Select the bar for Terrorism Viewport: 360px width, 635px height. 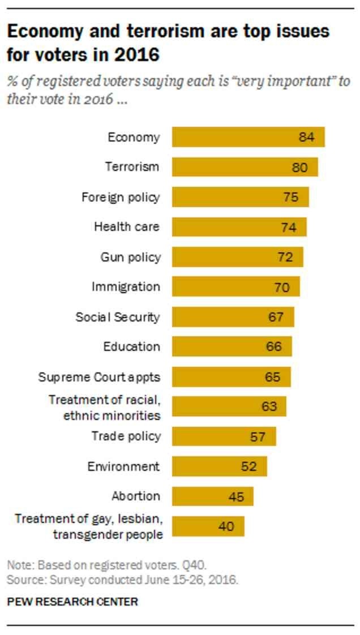[245, 167]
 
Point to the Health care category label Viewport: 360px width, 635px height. [127, 227]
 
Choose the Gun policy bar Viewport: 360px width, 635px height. [237, 257]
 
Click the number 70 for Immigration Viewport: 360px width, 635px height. [281, 287]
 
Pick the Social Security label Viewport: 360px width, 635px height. [118, 317]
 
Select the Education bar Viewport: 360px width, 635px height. [232, 346]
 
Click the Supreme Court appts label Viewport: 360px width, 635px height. [99, 376]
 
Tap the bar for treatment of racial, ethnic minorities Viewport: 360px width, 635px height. [229, 406]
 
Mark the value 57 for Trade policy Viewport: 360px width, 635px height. [258, 436]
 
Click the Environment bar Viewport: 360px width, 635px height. [219, 466]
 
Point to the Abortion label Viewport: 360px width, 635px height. [136, 496]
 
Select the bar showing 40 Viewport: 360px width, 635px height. [208, 526]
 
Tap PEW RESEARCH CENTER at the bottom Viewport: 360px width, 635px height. [72, 601]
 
